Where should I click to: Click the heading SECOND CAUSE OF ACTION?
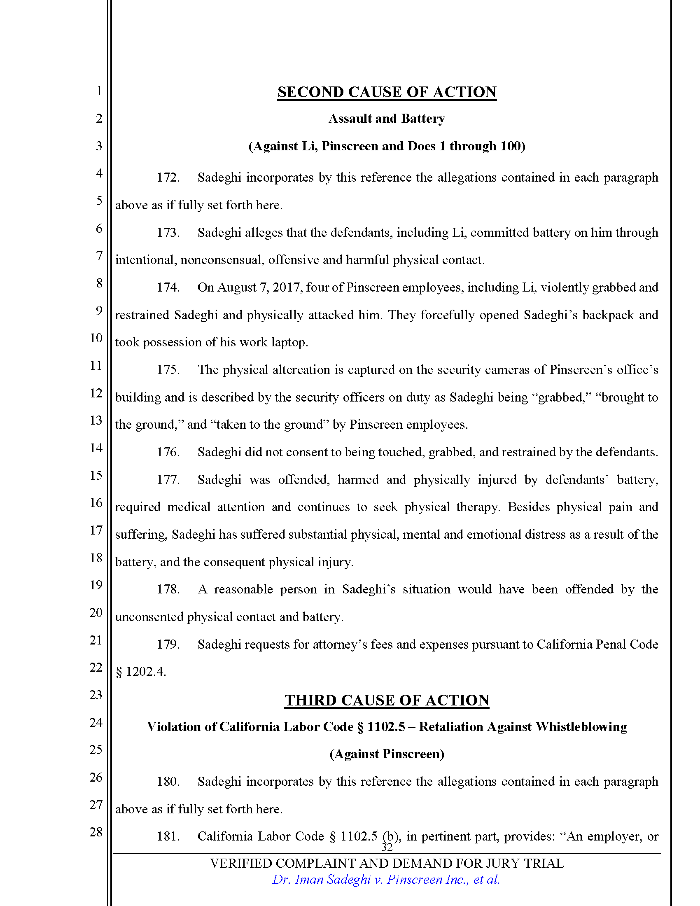(387, 92)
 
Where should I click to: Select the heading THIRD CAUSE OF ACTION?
(387, 700)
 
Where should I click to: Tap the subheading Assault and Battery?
(387, 119)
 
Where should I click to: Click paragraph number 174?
(168, 287)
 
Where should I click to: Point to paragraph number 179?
(168, 644)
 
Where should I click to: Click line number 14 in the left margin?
(96, 448)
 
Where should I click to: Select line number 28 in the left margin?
(96, 832)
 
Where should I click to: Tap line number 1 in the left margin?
(99, 91)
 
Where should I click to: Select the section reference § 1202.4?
(140, 672)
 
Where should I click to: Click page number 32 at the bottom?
(387, 848)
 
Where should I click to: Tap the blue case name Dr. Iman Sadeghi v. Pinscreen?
(386, 880)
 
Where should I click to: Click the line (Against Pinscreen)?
(387, 754)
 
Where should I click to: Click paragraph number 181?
(168, 836)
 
